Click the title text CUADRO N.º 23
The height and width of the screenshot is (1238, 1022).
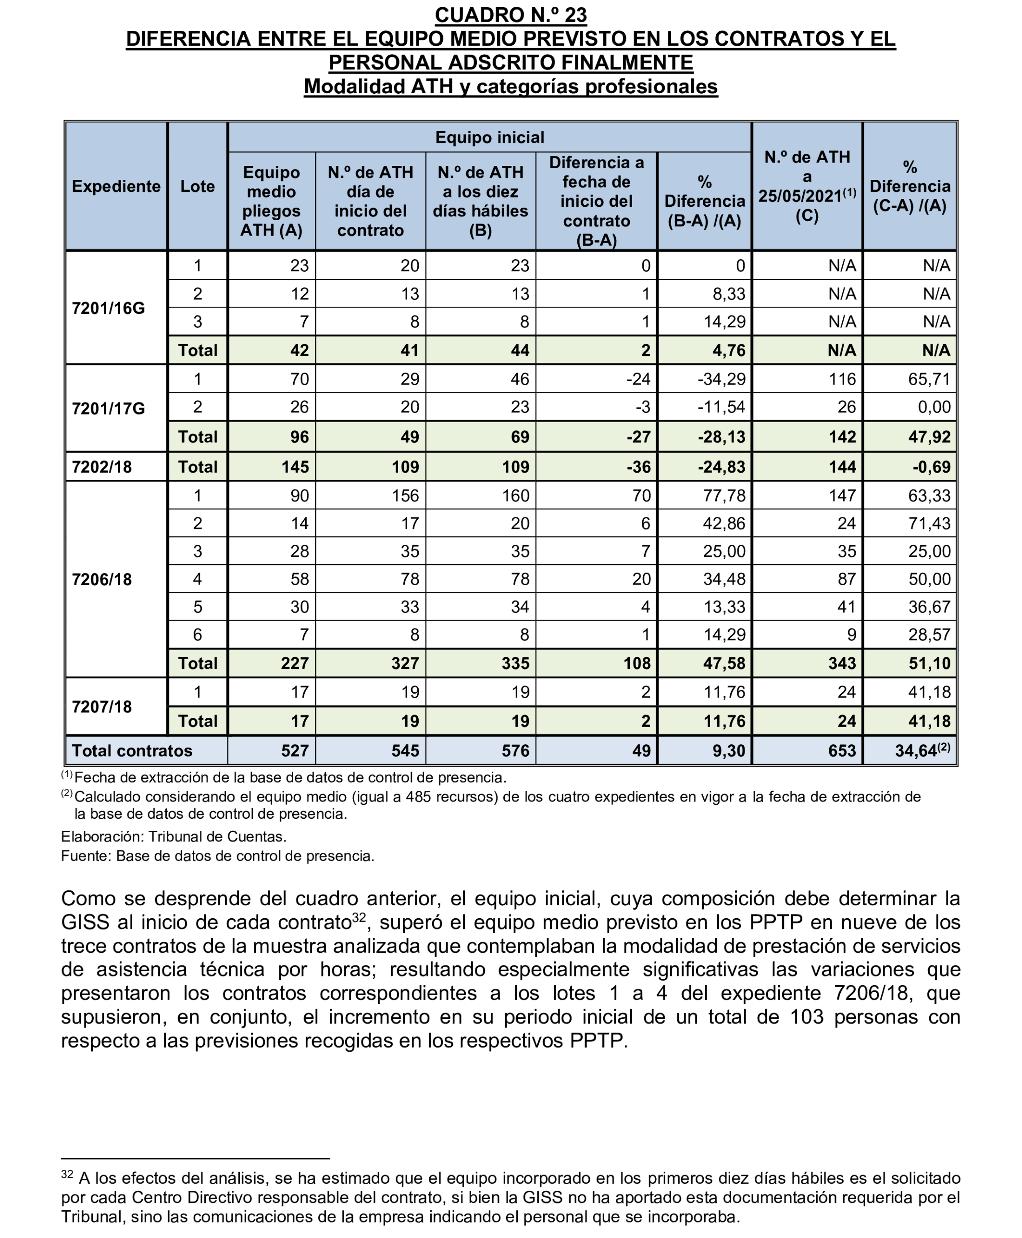click(x=511, y=15)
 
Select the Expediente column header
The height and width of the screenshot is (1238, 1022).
click(x=116, y=186)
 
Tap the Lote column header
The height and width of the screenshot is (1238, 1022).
click(x=197, y=186)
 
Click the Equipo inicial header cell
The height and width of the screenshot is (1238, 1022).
click(x=489, y=137)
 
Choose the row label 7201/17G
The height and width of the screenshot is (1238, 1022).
click(x=108, y=408)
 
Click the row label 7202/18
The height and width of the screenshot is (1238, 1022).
click(x=102, y=467)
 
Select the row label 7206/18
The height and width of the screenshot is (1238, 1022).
click(x=102, y=579)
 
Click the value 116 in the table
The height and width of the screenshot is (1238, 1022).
click(x=842, y=379)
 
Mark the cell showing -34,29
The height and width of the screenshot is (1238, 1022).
click(x=721, y=379)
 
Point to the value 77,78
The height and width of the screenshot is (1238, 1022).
click(x=724, y=496)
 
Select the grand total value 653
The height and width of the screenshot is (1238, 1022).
click(x=842, y=750)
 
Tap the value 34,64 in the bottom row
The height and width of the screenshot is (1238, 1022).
click(x=915, y=750)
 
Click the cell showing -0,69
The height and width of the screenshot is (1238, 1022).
click(x=931, y=467)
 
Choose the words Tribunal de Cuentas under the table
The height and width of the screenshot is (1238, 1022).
click(x=217, y=837)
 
